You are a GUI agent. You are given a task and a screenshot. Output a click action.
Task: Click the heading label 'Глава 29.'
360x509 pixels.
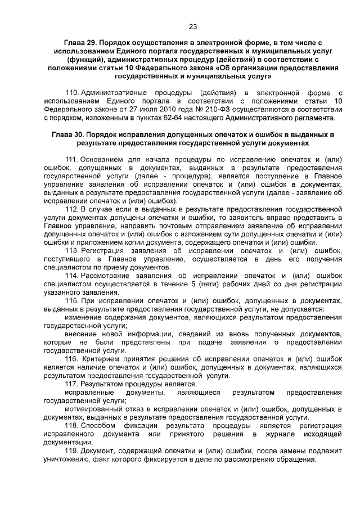tap(83, 42)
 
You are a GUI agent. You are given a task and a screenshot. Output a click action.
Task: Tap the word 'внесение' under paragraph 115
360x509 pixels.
tap(81, 334)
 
